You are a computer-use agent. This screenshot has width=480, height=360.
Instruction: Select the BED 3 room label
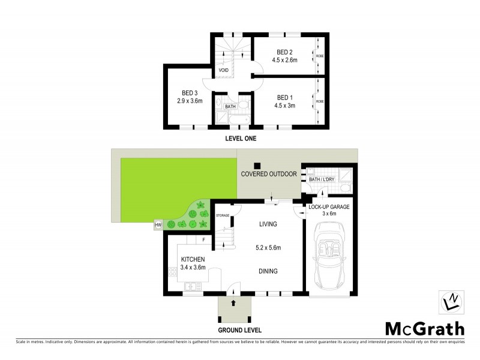190,93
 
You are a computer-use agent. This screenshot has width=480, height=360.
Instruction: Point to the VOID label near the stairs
223,70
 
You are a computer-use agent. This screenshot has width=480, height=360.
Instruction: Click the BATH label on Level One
230,107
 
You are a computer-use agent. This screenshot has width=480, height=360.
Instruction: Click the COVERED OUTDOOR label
269,174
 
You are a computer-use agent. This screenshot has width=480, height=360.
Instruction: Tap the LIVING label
268,224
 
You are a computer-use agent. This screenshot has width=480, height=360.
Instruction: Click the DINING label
268,271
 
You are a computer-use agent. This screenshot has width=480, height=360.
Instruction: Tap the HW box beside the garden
158,225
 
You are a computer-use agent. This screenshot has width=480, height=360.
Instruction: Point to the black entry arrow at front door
233,302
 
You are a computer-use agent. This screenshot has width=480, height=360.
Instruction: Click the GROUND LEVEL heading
239,331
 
